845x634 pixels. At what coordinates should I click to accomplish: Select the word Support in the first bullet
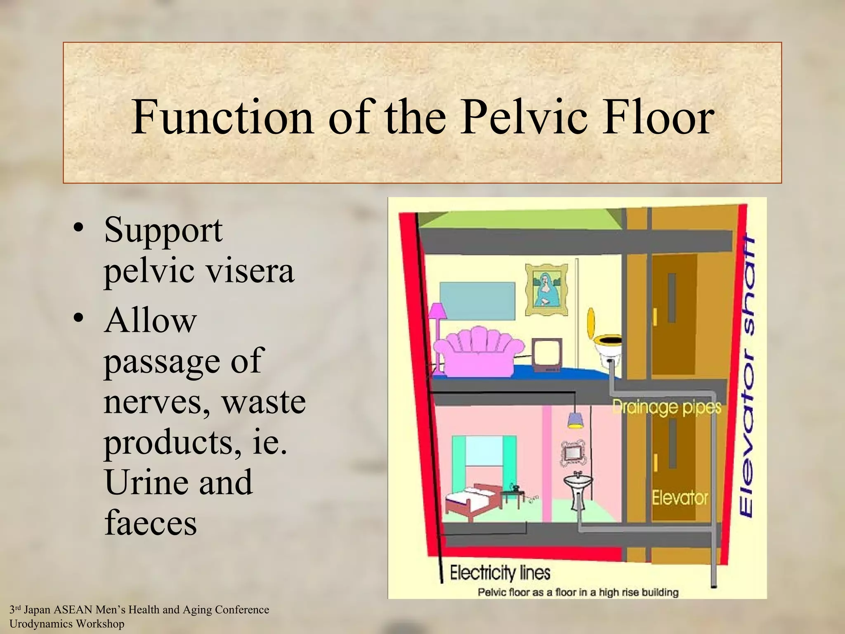pyautogui.click(x=163, y=230)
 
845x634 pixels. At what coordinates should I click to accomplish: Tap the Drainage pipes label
pyautogui.click(x=666, y=407)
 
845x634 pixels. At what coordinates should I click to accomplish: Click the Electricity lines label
pyautogui.click(x=500, y=573)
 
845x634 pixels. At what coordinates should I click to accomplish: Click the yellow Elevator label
pyautogui.click(x=680, y=497)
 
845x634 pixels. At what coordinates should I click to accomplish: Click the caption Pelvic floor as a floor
pyautogui.click(x=578, y=592)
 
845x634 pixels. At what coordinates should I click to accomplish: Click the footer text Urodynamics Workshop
pyautogui.click(x=67, y=624)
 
